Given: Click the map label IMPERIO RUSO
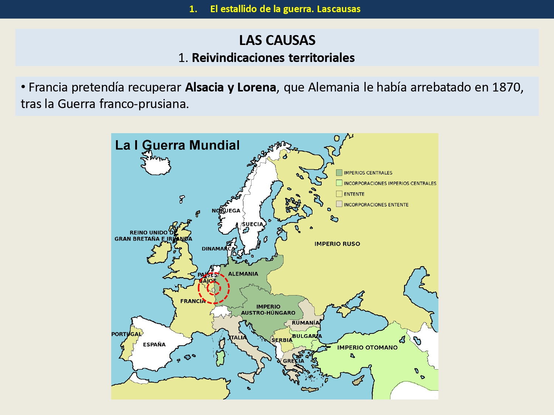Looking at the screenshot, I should [337, 244].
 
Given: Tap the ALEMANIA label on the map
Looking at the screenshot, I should [243, 274].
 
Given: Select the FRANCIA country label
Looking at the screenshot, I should [193, 301].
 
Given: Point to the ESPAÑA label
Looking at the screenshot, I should [154, 345].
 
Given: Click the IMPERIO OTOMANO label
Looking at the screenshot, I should [367, 347].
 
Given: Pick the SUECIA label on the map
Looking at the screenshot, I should [253, 224].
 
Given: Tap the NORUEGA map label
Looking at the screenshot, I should [226, 211].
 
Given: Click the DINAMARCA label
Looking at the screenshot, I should [218, 249].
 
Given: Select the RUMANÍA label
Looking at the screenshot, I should [305, 323].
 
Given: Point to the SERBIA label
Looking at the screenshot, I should [282, 340].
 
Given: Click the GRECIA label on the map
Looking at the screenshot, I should [294, 361].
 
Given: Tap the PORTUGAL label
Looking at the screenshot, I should [127, 334].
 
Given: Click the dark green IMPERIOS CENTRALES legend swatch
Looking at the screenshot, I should [339, 173].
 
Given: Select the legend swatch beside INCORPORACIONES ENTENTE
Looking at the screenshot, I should [339, 204].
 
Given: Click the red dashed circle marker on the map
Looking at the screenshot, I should [213, 288].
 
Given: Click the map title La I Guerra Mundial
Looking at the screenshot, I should [177, 145].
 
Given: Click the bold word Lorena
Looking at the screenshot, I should [256, 87].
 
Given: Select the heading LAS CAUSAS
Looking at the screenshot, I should [277, 40].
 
